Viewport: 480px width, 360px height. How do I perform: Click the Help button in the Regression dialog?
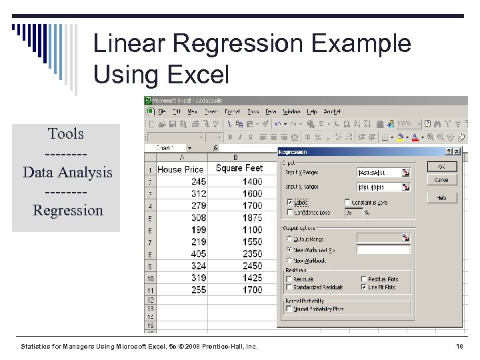point(441,198)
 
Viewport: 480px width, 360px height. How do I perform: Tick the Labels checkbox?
point(289,202)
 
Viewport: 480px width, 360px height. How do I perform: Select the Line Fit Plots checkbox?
point(364,287)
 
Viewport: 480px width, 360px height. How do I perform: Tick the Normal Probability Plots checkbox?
point(289,309)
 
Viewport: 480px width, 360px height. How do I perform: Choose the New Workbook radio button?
point(289,261)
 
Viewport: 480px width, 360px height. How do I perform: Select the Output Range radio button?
point(289,238)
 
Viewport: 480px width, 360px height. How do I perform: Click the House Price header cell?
point(180,169)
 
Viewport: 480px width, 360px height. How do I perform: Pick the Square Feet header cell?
point(239,169)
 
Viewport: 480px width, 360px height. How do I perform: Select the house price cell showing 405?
point(198,254)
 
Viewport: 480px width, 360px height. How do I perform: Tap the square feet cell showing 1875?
point(252,218)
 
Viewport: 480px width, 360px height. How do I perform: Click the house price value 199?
point(198,230)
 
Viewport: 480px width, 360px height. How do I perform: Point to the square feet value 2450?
point(252,266)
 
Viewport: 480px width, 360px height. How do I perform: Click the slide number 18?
point(459,347)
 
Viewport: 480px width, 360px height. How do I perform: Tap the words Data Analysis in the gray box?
point(67,172)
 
